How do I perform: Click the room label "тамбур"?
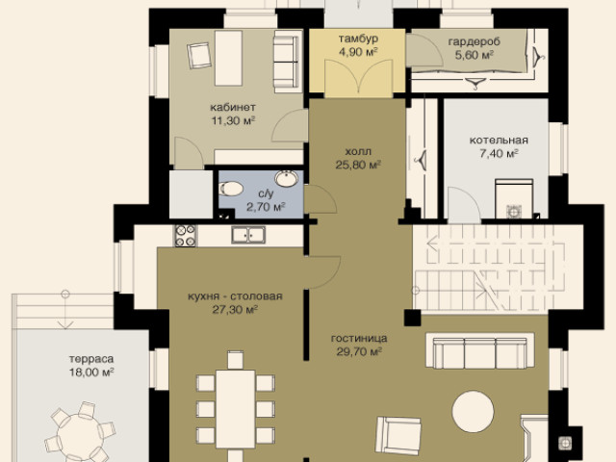coord(358,38)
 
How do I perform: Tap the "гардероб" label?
coord(475,41)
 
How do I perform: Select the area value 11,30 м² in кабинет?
coord(233,120)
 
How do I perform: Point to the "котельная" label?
coord(499,141)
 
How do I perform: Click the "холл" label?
coord(358,151)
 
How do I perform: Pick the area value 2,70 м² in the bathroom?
coord(266,206)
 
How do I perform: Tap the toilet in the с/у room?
coord(231,189)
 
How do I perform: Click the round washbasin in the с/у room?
coord(287,178)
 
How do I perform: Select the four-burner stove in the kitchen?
coord(185,235)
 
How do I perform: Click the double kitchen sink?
coord(248,235)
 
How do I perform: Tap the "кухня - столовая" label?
coord(235,295)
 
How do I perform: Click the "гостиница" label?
coord(359,338)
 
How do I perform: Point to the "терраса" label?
coord(91,359)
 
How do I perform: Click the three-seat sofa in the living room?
coord(480,350)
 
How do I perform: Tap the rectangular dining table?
coord(235,409)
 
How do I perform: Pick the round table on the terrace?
coord(81,435)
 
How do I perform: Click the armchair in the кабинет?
coord(199,56)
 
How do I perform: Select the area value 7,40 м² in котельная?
coord(499,153)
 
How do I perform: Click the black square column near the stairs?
coord(413,318)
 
